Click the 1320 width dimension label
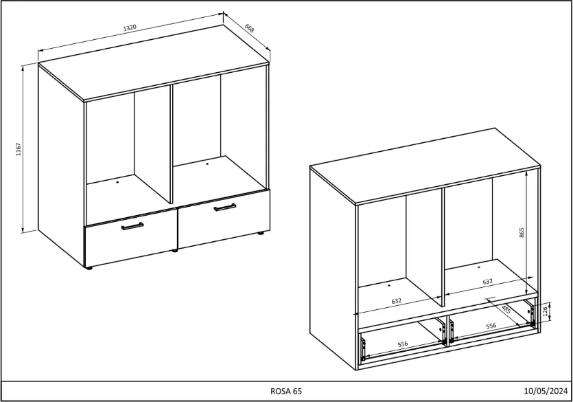click(x=130, y=27)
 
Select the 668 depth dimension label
click(x=249, y=28)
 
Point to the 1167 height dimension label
click(x=19, y=149)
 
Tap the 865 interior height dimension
click(x=522, y=233)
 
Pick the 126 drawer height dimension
click(x=545, y=311)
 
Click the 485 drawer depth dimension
click(x=506, y=309)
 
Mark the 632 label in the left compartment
click(x=397, y=301)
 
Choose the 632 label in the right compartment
click(x=487, y=282)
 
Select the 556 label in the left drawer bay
click(x=403, y=344)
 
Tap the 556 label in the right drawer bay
click(x=491, y=326)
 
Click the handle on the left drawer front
click(x=132, y=226)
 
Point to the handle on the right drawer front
click(x=225, y=208)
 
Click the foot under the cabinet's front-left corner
click(x=89, y=268)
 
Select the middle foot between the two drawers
click(x=175, y=251)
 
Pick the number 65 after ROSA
click(x=296, y=391)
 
